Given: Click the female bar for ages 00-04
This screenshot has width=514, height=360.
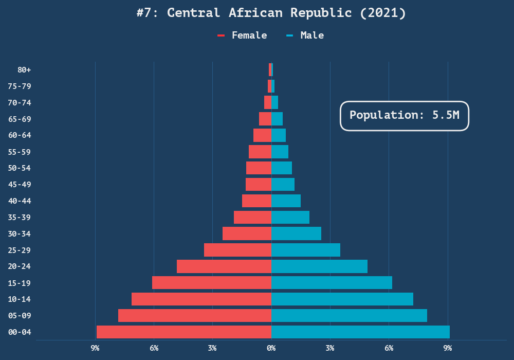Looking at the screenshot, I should point(184,332).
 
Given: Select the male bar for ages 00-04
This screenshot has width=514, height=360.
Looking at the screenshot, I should point(360,332).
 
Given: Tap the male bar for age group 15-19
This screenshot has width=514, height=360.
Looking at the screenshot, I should point(332,283).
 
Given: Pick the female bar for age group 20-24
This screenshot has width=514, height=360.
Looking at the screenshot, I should point(224,266).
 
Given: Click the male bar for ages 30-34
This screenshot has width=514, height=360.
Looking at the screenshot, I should point(296,233).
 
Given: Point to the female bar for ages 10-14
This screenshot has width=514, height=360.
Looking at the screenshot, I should point(201,299).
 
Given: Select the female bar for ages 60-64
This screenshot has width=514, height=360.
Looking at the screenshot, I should point(262,135).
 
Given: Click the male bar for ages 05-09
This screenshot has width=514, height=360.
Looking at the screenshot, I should point(349,315).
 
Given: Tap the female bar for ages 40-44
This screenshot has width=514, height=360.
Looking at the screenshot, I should point(256,201).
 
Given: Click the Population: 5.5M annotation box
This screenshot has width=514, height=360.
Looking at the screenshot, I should point(405,115).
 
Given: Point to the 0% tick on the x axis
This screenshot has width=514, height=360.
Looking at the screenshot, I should point(271,348).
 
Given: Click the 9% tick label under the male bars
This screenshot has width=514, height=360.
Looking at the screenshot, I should point(448,348).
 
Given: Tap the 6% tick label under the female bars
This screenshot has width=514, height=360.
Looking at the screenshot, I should point(154,348).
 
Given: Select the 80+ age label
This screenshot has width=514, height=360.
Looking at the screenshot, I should point(24,69).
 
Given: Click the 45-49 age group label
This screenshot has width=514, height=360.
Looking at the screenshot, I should point(20,184).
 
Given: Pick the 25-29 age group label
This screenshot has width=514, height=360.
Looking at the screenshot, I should point(20,250).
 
